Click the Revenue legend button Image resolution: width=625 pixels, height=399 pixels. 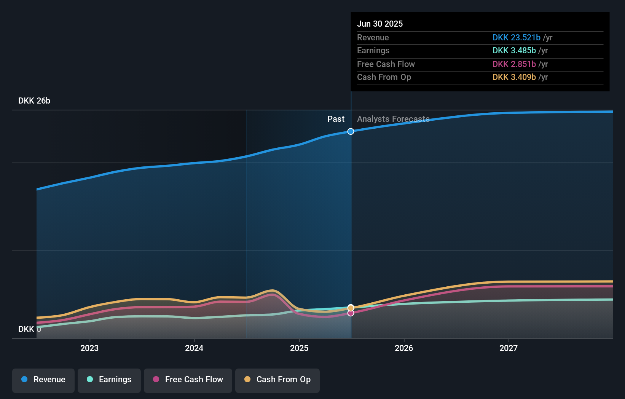tap(43, 380)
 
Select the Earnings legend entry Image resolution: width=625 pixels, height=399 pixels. tap(109, 380)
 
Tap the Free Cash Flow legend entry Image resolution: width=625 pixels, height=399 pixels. tap(188, 380)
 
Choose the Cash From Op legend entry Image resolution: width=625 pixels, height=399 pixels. tap(277, 380)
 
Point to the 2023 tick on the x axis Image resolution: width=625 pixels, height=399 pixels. tap(89, 348)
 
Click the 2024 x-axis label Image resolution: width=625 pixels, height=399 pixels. tap(194, 348)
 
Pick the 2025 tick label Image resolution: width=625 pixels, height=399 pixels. tap(299, 348)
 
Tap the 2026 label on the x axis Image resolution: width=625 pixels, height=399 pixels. tap(404, 348)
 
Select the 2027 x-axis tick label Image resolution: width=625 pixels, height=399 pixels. tap(509, 348)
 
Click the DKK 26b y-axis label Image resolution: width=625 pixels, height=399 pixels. tap(34, 101)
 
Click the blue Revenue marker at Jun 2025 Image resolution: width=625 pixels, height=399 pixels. tap(351, 131)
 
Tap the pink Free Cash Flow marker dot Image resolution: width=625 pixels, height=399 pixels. tap(351, 313)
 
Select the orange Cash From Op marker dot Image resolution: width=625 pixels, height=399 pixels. tap(351, 308)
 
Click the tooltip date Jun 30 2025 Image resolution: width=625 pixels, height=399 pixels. tap(380, 24)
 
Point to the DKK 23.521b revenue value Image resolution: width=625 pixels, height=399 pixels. tap(516, 38)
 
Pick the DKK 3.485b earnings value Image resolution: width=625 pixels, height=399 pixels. tap(514, 51)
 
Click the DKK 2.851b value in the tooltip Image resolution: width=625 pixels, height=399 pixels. tap(514, 64)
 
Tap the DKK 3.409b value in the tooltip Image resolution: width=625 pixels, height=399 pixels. tap(514, 77)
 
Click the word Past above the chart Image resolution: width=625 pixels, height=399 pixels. tap(336, 119)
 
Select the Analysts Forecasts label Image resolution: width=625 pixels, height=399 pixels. tap(393, 119)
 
